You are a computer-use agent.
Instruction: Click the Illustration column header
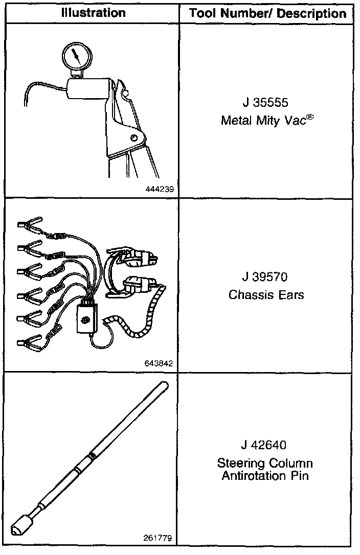(94, 13)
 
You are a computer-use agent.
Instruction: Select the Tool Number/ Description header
(267, 13)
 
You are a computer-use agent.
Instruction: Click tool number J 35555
(265, 103)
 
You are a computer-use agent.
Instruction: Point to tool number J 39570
(265, 277)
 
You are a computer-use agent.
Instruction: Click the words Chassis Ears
(266, 295)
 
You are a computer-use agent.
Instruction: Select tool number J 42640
(265, 445)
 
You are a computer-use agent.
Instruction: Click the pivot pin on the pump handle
(134, 137)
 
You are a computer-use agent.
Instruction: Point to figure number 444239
(160, 189)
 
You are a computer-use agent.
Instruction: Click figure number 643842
(160, 364)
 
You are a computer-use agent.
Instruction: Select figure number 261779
(160, 538)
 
